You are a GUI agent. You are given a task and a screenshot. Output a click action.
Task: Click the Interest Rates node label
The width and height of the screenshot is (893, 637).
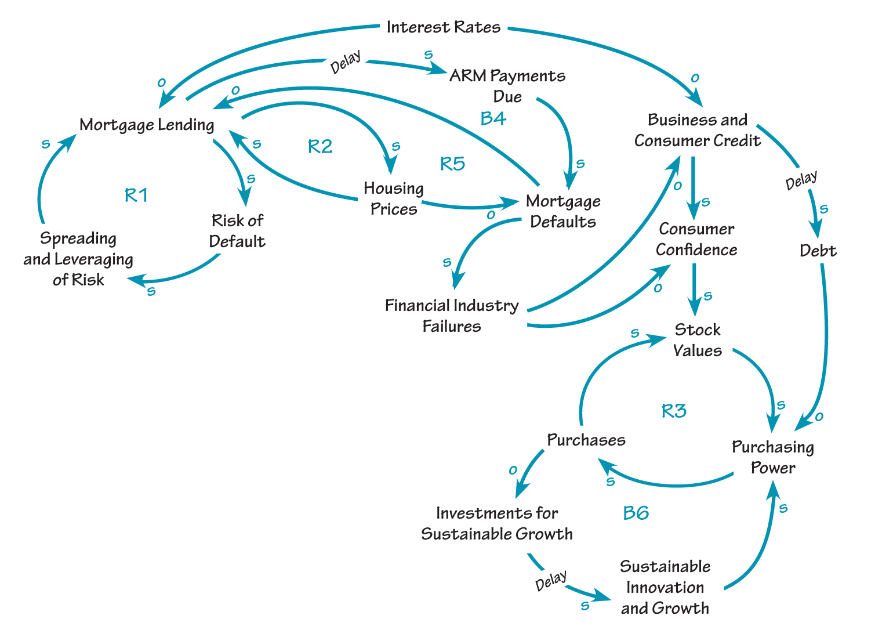pyautogui.click(x=444, y=27)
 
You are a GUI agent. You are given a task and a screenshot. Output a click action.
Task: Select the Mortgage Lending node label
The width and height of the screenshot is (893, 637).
pyautogui.click(x=147, y=125)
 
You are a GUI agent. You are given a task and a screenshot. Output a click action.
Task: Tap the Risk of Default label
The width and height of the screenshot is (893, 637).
pyautogui.click(x=237, y=231)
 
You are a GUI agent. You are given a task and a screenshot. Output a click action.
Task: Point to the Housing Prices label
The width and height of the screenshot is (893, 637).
pyautogui.click(x=394, y=198)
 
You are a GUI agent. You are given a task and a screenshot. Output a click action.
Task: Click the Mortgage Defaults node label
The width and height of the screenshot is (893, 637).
pyautogui.click(x=563, y=211)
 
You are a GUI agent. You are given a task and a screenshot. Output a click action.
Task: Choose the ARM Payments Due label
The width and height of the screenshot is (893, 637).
pyautogui.click(x=507, y=86)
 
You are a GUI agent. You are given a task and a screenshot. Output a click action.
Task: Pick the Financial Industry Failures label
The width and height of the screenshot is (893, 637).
pyautogui.click(x=452, y=316)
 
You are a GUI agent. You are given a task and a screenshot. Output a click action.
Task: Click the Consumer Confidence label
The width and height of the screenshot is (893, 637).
pyautogui.click(x=696, y=239)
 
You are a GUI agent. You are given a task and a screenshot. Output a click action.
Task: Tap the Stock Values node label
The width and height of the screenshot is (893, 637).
pyautogui.click(x=698, y=340)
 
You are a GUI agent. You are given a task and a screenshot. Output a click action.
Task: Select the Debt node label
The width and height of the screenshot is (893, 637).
pyautogui.click(x=818, y=251)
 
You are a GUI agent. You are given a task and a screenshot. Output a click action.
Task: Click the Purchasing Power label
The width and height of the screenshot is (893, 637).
pyautogui.click(x=773, y=457)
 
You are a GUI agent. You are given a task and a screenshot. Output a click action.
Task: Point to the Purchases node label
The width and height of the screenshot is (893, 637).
pyautogui.click(x=586, y=440)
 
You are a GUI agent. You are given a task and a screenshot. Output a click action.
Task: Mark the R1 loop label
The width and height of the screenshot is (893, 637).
pyautogui.click(x=136, y=196)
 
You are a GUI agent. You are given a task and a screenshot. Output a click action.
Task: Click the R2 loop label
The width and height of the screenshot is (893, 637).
pyautogui.click(x=320, y=146)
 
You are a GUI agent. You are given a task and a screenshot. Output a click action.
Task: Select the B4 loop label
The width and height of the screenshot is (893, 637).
pyautogui.click(x=493, y=118)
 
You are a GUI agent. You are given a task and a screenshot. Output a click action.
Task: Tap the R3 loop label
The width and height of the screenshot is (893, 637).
pyautogui.click(x=674, y=411)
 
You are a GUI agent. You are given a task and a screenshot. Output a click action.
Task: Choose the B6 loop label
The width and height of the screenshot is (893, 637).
pyautogui.click(x=636, y=513)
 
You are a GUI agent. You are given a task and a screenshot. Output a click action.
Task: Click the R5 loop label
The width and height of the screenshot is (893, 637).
pyautogui.click(x=452, y=164)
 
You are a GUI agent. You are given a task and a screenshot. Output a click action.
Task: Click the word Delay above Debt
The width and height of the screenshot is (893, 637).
pyautogui.click(x=801, y=180)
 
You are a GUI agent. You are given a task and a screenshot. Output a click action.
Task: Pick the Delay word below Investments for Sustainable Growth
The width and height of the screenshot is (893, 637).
pyautogui.click(x=550, y=581)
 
